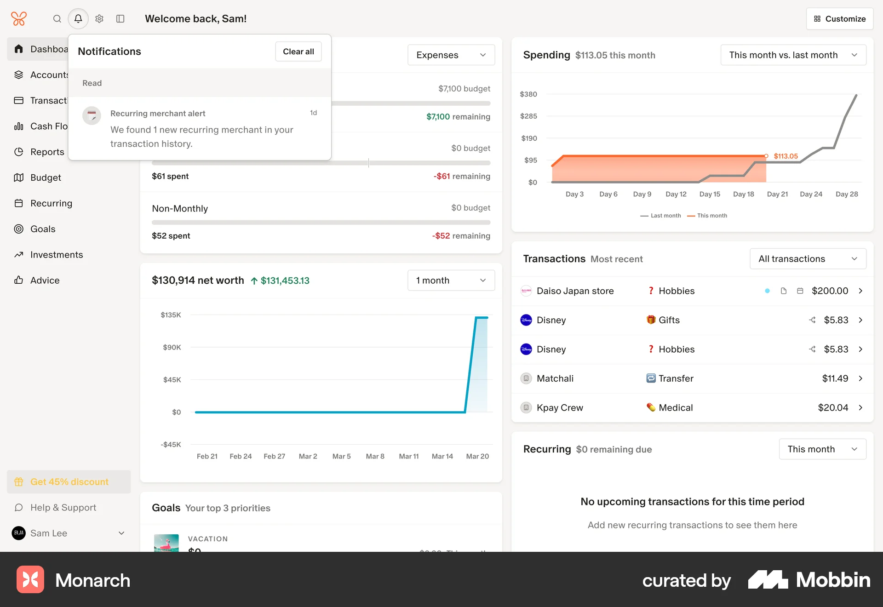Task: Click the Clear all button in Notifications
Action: (x=298, y=52)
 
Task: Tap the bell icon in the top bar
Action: (x=78, y=19)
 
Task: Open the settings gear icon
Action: (x=99, y=19)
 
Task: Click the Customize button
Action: (x=839, y=19)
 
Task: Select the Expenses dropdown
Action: (x=451, y=55)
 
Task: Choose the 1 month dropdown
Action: (x=451, y=281)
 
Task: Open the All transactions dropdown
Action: (x=808, y=259)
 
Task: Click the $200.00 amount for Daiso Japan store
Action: (x=830, y=291)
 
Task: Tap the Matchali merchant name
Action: (x=555, y=378)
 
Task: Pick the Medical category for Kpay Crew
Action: (x=675, y=408)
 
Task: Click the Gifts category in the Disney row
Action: (x=669, y=320)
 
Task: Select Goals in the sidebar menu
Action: (x=43, y=229)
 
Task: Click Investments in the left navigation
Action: (x=57, y=255)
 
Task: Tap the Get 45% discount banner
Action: (x=69, y=482)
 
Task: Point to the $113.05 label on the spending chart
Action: (x=786, y=156)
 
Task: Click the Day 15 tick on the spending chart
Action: (x=710, y=194)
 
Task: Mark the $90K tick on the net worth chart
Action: (x=172, y=347)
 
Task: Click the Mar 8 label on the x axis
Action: (x=375, y=456)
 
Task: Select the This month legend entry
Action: (x=711, y=216)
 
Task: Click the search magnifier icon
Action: (x=57, y=19)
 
